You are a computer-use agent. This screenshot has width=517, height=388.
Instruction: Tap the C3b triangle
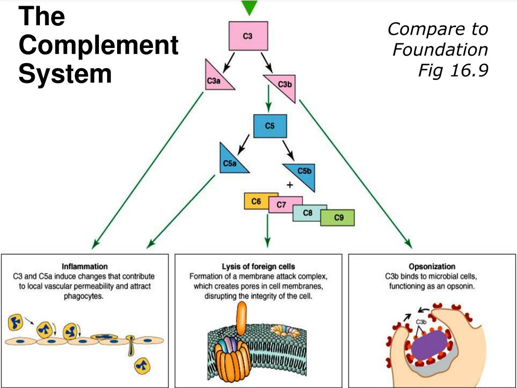tap(284, 84)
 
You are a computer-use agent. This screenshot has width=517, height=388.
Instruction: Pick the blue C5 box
tap(270, 126)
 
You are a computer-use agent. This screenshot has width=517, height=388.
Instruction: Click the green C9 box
tap(338, 218)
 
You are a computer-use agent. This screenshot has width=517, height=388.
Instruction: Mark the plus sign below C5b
tap(290, 185)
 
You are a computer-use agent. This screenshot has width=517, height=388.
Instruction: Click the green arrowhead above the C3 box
tap(249, 7)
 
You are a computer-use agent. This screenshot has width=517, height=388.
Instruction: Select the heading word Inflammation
tap(84, 266)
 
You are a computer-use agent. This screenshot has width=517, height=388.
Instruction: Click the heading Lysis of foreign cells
tap(258, 266)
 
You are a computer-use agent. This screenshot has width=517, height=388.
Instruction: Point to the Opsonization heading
tap(432, 266)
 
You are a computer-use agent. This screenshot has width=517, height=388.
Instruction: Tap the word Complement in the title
tap(98, 46)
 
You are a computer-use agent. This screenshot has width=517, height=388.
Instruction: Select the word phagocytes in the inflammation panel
tap(84, 297)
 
